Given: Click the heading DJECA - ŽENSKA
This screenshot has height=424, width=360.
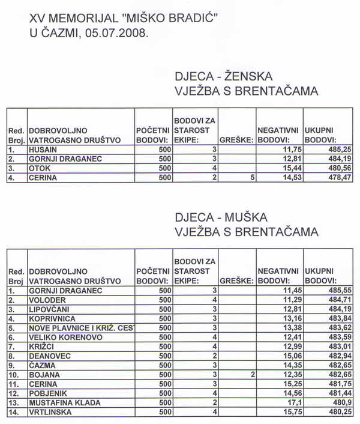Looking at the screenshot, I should (223, 77).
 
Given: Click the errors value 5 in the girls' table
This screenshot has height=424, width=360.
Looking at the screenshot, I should (253, 178).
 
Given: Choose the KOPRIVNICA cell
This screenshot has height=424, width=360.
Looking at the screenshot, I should (53, 319).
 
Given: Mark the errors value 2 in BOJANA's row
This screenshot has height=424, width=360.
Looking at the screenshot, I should (253, 376).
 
